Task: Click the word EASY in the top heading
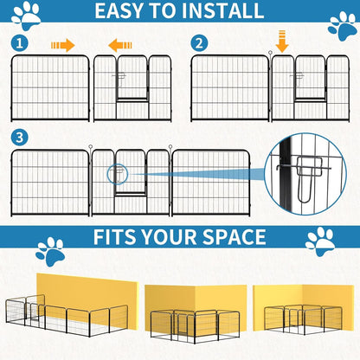coord(126,11)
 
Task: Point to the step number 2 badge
coord(200,43)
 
